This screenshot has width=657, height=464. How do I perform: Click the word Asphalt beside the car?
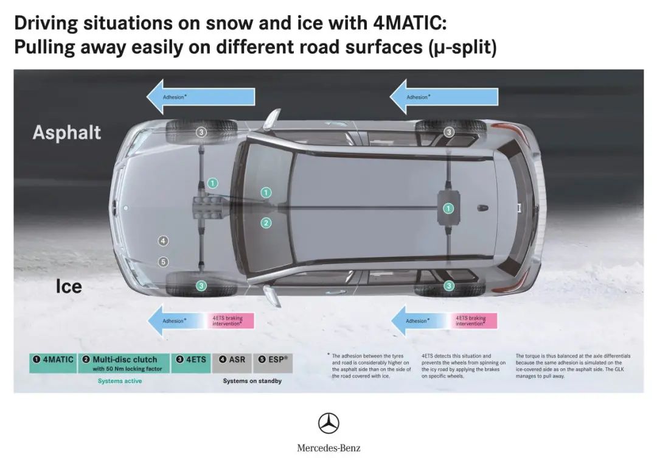click(x=67, y=133)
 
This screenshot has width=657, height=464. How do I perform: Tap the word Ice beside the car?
click(x=69, y=287)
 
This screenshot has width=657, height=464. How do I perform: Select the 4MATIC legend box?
click(x=53, y=364)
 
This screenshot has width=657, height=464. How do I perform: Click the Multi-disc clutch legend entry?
click(x=123, y=364)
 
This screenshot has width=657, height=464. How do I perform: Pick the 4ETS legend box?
click(x=190, y=364)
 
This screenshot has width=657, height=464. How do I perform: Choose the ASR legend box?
click(x=232, y=364)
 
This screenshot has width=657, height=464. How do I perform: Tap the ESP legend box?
click(x=273, y=364)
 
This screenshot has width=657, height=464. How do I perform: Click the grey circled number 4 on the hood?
click(x=163, y=241)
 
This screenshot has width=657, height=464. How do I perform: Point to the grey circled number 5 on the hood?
click(x=163, y=262)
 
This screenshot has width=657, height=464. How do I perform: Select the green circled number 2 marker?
click(x=266, y=223)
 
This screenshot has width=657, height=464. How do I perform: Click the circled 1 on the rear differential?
click(x=448, y=208)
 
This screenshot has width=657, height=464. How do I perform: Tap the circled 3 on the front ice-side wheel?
click(x=201, y=286)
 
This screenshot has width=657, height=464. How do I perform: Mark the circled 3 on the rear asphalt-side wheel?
click(x=449, y=132)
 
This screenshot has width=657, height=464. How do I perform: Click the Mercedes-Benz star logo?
click(x=328, y=423)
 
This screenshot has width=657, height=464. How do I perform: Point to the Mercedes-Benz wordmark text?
click(x=328, y=448)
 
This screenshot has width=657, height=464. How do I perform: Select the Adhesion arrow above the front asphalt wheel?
click(x=201, y=97)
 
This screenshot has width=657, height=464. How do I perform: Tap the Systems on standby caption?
click(x=252, y=381)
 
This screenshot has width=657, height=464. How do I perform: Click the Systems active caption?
click(x=120, y=381)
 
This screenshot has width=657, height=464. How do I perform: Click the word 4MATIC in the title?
click(x=409, y=23)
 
